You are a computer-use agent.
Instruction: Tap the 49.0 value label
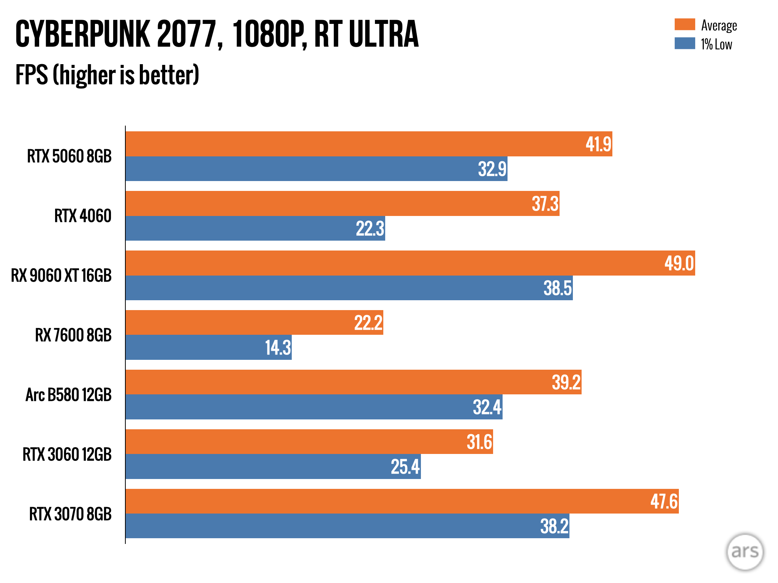click(679, 263)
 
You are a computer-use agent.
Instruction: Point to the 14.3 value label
click(278, 348)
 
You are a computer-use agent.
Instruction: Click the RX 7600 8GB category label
click(73, 335)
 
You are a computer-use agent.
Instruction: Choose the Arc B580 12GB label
click(68, 395)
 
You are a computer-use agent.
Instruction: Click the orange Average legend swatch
click(685, 24)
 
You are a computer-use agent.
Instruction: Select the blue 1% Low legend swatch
click(685, 43)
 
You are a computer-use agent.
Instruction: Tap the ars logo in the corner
click(745, 552)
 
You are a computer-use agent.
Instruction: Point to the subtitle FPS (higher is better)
click(107, 75)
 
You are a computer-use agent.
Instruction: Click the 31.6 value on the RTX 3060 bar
click(479, 442)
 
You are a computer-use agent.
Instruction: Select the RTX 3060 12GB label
click(67, 454)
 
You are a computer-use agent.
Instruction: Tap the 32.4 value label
click(487, 407)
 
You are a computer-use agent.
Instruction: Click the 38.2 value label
click(554, 526)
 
